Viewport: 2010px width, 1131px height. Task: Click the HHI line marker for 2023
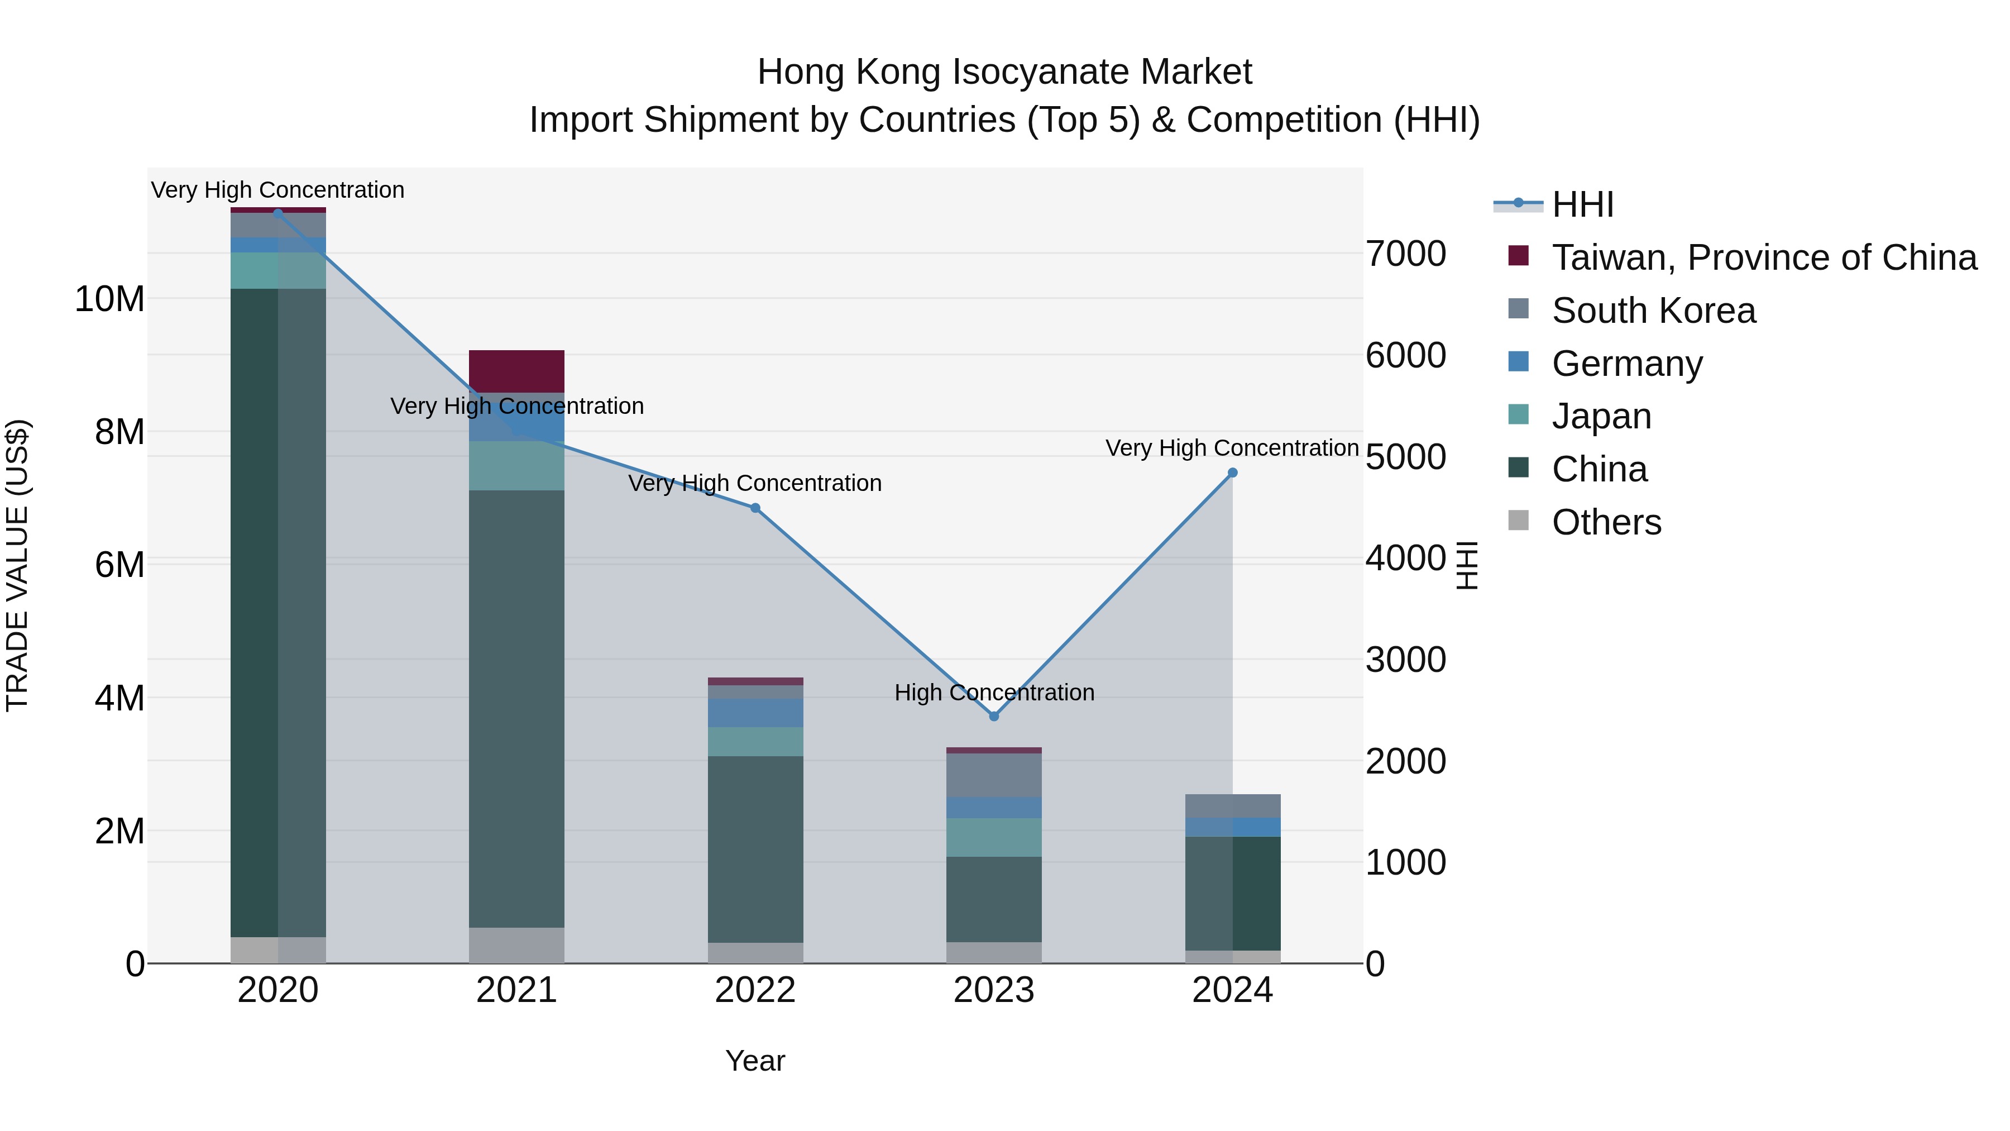click(993, 716)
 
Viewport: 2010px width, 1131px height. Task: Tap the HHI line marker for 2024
click(1232, 472)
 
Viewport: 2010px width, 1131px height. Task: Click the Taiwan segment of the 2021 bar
click(516, 371)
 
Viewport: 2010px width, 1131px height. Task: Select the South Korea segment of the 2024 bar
click(1232, 805)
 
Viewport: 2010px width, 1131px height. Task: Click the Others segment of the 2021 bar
click(516, 944)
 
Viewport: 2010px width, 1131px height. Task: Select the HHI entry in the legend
click(1582, 204)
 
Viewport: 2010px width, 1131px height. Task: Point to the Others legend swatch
click(1519, 520)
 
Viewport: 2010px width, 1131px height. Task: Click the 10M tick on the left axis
click(109, 299)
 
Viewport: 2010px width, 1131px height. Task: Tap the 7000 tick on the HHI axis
click(1405, 254)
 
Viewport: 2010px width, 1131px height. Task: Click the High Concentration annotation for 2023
click(993, 693)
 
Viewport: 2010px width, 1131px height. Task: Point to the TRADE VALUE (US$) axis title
click(17, 565)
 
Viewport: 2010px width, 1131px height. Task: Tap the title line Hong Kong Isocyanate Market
click(1004, 72)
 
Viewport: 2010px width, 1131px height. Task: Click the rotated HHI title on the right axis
click(1467, 565)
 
